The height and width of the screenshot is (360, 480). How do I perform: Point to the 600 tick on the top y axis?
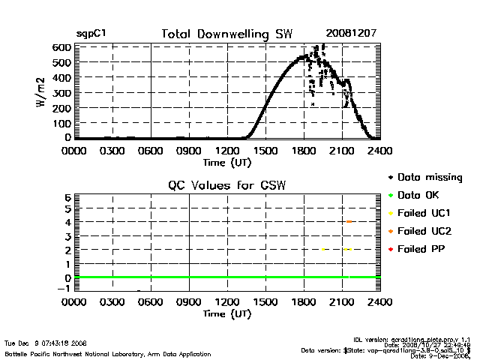click(x=61, y=47)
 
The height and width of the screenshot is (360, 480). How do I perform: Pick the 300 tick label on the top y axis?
click(x=61, y=92)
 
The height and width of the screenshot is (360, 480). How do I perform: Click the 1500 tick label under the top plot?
click(x=265, y=151)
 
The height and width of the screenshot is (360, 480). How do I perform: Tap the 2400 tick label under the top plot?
click(x=380, y=151)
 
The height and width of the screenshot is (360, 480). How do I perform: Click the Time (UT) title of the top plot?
click(x=227, y=162)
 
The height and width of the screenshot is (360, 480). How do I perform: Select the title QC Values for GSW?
click(x=227, y=185)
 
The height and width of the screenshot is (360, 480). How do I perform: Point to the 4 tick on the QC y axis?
click(x=67, y=222)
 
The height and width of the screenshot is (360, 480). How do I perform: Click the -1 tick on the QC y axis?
click(x=65, y=289)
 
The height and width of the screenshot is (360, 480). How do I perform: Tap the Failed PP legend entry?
click(x=421, y=248)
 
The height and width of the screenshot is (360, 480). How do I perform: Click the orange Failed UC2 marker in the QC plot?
click(x=349, y=222)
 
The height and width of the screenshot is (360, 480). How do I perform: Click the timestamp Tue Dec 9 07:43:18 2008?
click(x=45, y=343)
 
